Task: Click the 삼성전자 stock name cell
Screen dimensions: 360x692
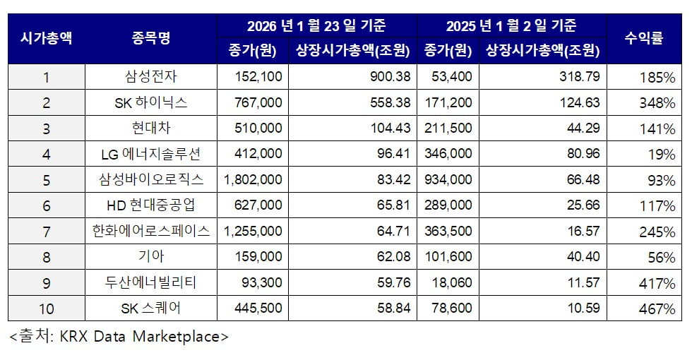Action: pos(151,77)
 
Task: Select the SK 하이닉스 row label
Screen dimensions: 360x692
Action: pos(151,103)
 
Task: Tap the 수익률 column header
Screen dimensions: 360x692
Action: pos(643,38)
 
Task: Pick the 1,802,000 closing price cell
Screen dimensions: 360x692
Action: pos(252,180)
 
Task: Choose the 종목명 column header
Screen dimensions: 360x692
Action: pos(151,38)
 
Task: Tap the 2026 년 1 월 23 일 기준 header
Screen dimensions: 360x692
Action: pos(316,26)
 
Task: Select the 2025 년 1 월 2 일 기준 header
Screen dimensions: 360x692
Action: pos(511,26)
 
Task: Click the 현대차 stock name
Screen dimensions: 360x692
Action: pos(151,128)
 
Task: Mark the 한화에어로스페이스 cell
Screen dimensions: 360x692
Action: pos(151,232)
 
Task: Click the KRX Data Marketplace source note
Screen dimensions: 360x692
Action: pos(119,337)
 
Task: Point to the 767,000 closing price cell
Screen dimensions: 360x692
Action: pos(258,103)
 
